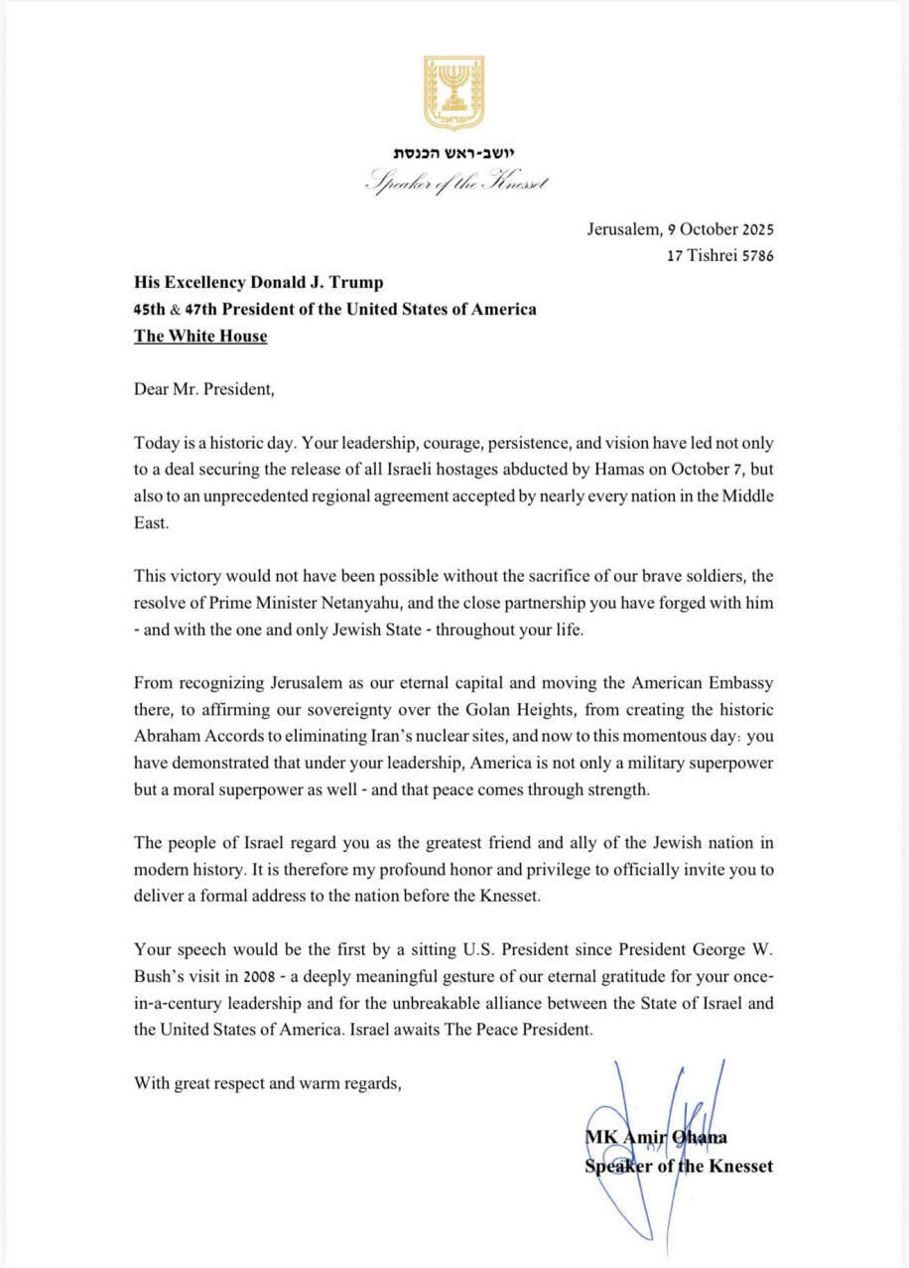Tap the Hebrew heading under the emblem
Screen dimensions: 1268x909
(454, 154)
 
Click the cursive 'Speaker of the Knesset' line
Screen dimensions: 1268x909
(455, 183)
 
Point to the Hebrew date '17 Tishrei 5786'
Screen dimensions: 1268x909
(720, 255)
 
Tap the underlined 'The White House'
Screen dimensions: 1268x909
(200, 336)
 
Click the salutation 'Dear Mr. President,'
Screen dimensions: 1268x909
(203, 388)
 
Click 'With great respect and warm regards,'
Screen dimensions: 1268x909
(268, 1082)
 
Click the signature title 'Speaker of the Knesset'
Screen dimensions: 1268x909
(679, 1166)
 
